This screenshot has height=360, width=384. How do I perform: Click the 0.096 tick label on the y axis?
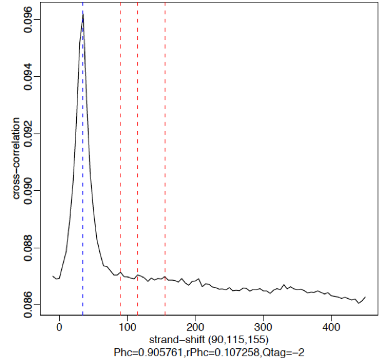(28, 20)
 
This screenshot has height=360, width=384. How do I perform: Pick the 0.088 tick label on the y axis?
(28, 248)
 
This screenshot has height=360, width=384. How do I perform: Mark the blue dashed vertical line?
(83, 187)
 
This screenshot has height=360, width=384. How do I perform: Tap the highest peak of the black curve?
(82, 14)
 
